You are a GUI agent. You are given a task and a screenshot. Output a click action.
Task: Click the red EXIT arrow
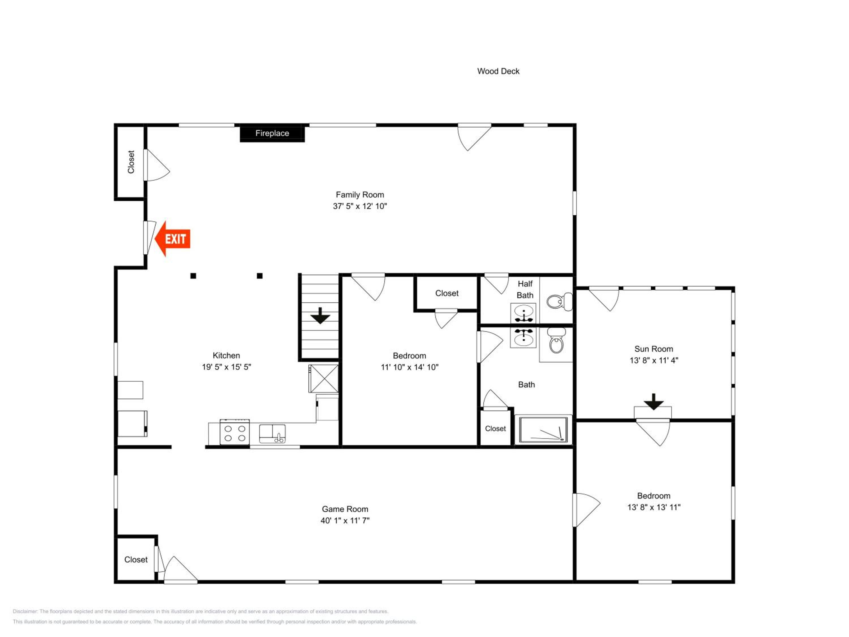[x=172, y=239]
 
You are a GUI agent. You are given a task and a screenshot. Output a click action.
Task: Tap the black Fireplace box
[x=272, y=133]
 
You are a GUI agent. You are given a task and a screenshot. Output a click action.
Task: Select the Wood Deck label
[x=498, y=71]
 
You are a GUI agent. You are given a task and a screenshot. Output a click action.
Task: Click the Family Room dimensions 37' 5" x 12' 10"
[x=360, y=206]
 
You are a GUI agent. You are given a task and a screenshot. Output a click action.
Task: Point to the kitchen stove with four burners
[x=235, y=432]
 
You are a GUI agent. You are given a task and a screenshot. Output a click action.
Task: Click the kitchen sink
[x=272, y=433]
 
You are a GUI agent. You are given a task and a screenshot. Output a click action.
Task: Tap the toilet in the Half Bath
[x=559, y=302]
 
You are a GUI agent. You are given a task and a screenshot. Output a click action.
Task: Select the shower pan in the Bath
[x=543, y=429]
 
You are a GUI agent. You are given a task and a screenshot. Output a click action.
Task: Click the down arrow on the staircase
[x=320, y=316]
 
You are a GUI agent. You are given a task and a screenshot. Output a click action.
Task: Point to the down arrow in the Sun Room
[x=654, y=402]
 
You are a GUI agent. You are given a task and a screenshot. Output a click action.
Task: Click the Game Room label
[x=345, y=509]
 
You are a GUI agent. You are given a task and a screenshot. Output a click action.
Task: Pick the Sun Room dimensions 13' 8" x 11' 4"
[x=654, y=360]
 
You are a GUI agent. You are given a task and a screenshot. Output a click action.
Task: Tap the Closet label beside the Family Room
[x=131, y=162]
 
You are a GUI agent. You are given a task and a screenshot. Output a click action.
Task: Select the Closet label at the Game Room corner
[x=136, y=559]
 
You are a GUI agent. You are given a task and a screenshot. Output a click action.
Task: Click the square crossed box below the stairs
[x=324, y=379]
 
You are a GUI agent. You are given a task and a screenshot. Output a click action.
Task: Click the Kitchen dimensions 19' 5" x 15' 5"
[x=226, y=367]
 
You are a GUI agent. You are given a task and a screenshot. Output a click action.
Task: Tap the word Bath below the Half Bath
[x=526, y=384]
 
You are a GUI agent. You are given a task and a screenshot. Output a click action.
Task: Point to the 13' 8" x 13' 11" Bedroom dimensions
[x=654, y=507]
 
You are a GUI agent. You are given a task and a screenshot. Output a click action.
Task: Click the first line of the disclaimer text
[x=200, y=611]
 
